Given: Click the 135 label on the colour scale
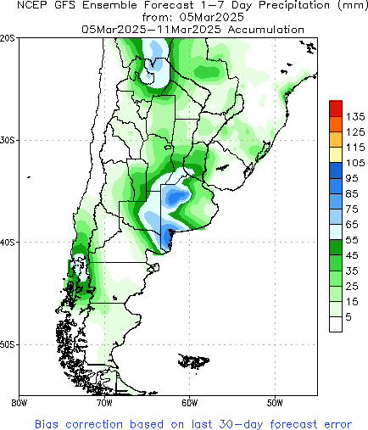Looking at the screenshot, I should tap(355, 115).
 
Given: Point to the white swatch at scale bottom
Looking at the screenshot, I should tap(336, 322).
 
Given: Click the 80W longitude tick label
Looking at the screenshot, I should tap(19, 403).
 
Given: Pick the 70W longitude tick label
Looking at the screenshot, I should tap(104, 403).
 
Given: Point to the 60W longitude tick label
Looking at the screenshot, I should tap(189, 403).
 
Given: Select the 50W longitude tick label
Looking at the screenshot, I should tap(275, 403).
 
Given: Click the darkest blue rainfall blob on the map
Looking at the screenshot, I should tap(176, 197).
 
